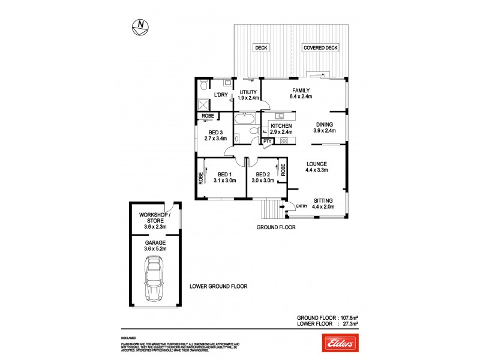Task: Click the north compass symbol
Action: (x=140, y=26)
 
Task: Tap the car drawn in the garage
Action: (x=154, y=279)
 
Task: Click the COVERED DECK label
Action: (x=319, y=48)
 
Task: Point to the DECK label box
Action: (x=261, y=48)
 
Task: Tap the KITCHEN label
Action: (x=281, y=125)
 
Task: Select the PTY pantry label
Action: (x=268, y=141)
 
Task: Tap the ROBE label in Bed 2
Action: (x=282, y=169)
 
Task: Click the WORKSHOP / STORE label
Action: (x=154, y=217)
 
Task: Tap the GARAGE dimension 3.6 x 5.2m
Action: (x=154, y=249)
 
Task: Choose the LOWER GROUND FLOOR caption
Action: (x=218, y=287)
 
